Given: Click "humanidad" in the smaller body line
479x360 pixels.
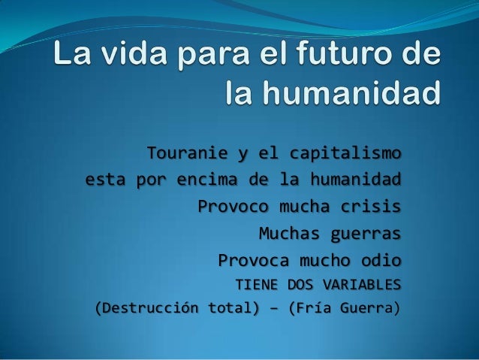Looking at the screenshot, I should [356, 181].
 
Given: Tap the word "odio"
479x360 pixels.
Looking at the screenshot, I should [381, 260].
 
